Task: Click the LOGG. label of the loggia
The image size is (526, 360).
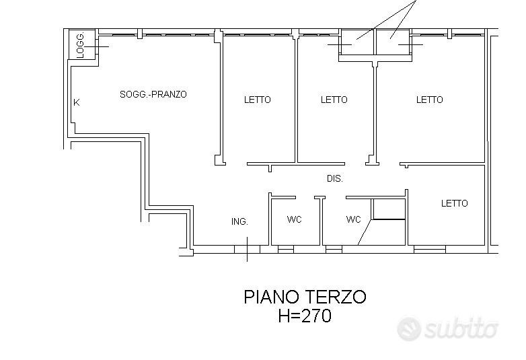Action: click(80, 46)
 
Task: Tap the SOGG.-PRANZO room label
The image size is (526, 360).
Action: click(153, 94)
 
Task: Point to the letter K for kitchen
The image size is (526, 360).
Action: click(77, 102)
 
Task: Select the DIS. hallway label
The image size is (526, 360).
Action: click(335, 179)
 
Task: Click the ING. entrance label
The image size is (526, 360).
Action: click(239, 221)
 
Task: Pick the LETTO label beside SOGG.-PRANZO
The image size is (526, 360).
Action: click(258, 100)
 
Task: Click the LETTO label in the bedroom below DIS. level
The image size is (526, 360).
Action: click(454, 203)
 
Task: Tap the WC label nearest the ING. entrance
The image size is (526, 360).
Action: click(294, 219)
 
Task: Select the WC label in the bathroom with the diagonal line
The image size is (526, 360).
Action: click(353, 219)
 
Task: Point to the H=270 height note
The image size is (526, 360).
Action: click(305, 316)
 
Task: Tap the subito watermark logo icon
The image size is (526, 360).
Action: click(409, 329)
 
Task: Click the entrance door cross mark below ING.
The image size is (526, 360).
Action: click(248, 249)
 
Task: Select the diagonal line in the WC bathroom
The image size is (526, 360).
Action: click(365, 232)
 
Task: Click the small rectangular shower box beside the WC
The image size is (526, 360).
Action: click(389, 209)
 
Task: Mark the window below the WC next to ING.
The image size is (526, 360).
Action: click(286, 249)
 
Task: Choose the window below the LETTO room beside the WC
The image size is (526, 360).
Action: click(430, 249)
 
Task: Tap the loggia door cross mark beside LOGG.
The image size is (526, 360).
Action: click(97, 46)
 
